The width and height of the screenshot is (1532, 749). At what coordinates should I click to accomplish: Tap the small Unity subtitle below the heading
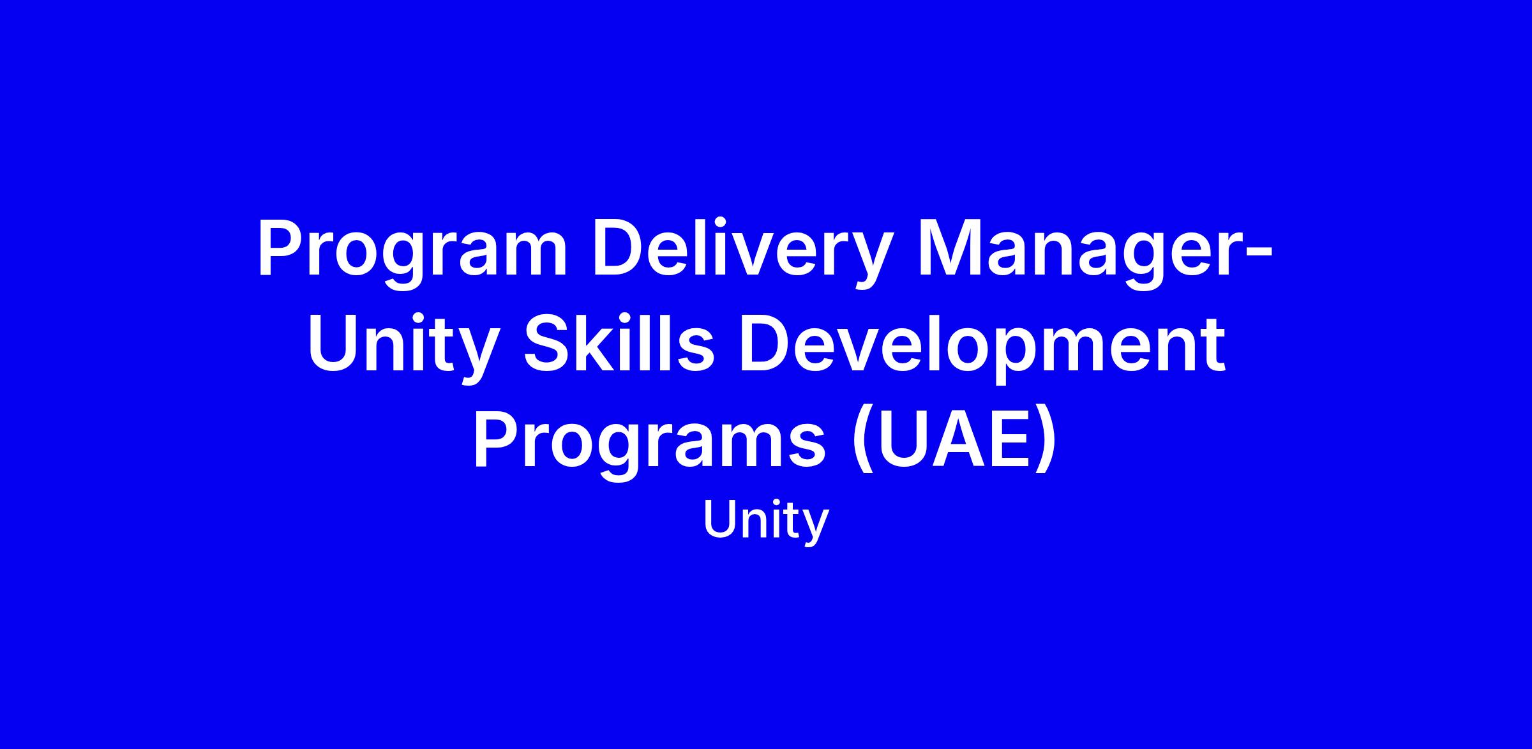click(765, 521)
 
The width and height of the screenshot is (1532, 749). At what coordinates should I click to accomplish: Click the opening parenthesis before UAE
click(862, 442)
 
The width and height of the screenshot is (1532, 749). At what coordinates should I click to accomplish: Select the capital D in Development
click(766, 345)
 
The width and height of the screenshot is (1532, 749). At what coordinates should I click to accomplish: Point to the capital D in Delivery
click(620, 248)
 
